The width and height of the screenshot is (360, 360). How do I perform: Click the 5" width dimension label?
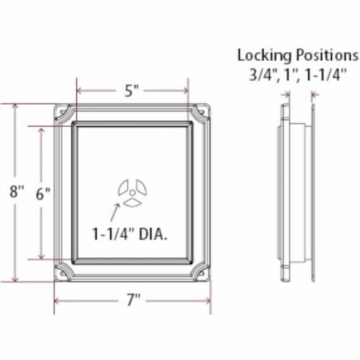[x=131, y=91]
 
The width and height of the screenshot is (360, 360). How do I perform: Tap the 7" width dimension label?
[x=132, y=301]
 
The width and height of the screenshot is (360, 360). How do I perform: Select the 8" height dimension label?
[x=16, y=192]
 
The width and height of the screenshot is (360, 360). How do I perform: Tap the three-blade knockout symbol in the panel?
[x=132, y=192]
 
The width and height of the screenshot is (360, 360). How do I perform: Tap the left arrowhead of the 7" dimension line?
[x=58, y=301]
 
